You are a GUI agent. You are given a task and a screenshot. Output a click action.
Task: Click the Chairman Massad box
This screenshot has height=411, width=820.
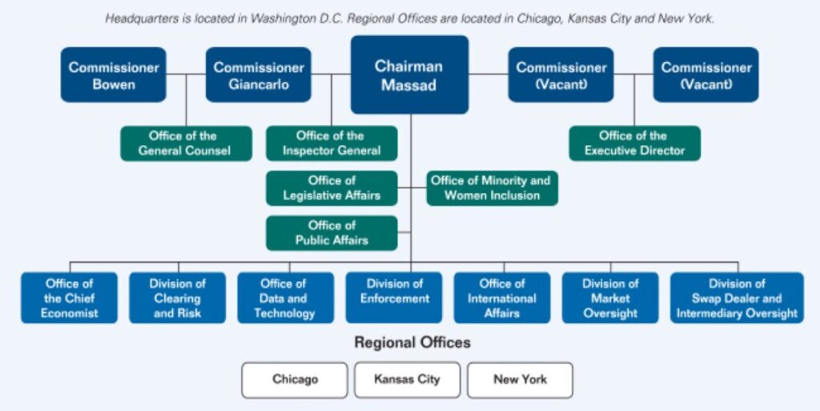pos(409,75)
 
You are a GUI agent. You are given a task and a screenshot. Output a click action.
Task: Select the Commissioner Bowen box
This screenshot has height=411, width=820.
pos(114,75)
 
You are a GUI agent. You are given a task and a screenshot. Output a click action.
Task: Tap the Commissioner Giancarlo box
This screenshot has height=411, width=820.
pos(258,75)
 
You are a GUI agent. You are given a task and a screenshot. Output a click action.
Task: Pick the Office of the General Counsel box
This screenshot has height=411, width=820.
pos(186,143)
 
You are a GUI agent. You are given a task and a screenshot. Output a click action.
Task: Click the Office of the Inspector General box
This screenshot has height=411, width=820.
pos(332,143)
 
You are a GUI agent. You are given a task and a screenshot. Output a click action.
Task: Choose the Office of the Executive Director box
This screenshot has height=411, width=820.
pos(634,143)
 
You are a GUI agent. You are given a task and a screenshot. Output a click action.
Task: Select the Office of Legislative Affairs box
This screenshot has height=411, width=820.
pos(332,188)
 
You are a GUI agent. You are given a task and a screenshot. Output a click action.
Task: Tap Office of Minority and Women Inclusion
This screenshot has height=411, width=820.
pos(492,188)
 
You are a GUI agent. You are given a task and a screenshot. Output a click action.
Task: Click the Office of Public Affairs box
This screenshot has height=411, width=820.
pos(332,233)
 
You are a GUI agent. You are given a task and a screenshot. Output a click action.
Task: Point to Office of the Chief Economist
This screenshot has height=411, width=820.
pos(69,298)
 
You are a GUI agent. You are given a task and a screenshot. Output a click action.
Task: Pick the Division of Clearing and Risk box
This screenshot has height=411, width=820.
pos(177,298)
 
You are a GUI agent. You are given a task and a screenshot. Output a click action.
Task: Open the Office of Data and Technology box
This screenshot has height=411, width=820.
pos(285,298)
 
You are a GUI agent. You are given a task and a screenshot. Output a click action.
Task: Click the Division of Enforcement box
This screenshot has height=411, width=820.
pos(394,298)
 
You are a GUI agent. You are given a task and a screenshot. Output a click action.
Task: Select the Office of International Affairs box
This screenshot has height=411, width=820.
pos(502,298)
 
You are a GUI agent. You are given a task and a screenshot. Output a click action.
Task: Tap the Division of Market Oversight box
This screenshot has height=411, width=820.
pos(610,298)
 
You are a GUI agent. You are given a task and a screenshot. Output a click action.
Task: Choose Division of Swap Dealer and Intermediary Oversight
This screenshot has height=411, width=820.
pos(737,298)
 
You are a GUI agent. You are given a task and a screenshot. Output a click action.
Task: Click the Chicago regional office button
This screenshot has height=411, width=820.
pos(295,380)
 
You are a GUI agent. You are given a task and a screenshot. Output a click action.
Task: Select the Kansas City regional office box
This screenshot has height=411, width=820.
pos(408,380)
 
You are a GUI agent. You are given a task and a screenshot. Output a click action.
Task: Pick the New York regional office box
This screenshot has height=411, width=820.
pos(521,380)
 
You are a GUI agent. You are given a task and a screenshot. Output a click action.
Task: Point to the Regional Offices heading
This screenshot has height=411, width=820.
pos(412,343)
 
